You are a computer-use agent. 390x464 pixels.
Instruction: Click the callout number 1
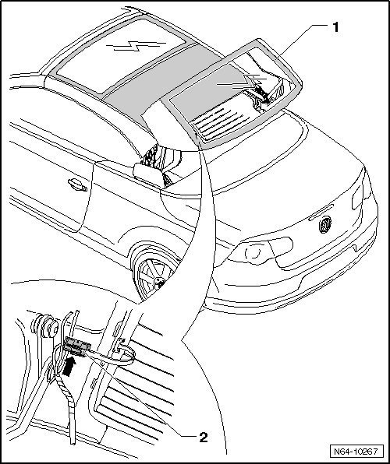335,27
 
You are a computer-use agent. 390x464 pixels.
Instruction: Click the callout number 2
204,437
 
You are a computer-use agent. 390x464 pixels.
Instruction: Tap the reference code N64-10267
356,452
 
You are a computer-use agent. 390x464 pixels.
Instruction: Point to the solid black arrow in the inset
69,366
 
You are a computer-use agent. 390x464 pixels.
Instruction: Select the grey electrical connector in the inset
76,345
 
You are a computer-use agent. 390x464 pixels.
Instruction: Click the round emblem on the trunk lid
325,224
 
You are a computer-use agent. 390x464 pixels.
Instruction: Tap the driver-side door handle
77,185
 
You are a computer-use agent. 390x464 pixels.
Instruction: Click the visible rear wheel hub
160,283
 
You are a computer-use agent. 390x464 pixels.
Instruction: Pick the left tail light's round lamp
253,251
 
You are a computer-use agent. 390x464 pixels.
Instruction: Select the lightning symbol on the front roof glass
136,46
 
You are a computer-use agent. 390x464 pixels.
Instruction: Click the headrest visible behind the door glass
147,175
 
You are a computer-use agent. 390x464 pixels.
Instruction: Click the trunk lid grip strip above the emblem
321,212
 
